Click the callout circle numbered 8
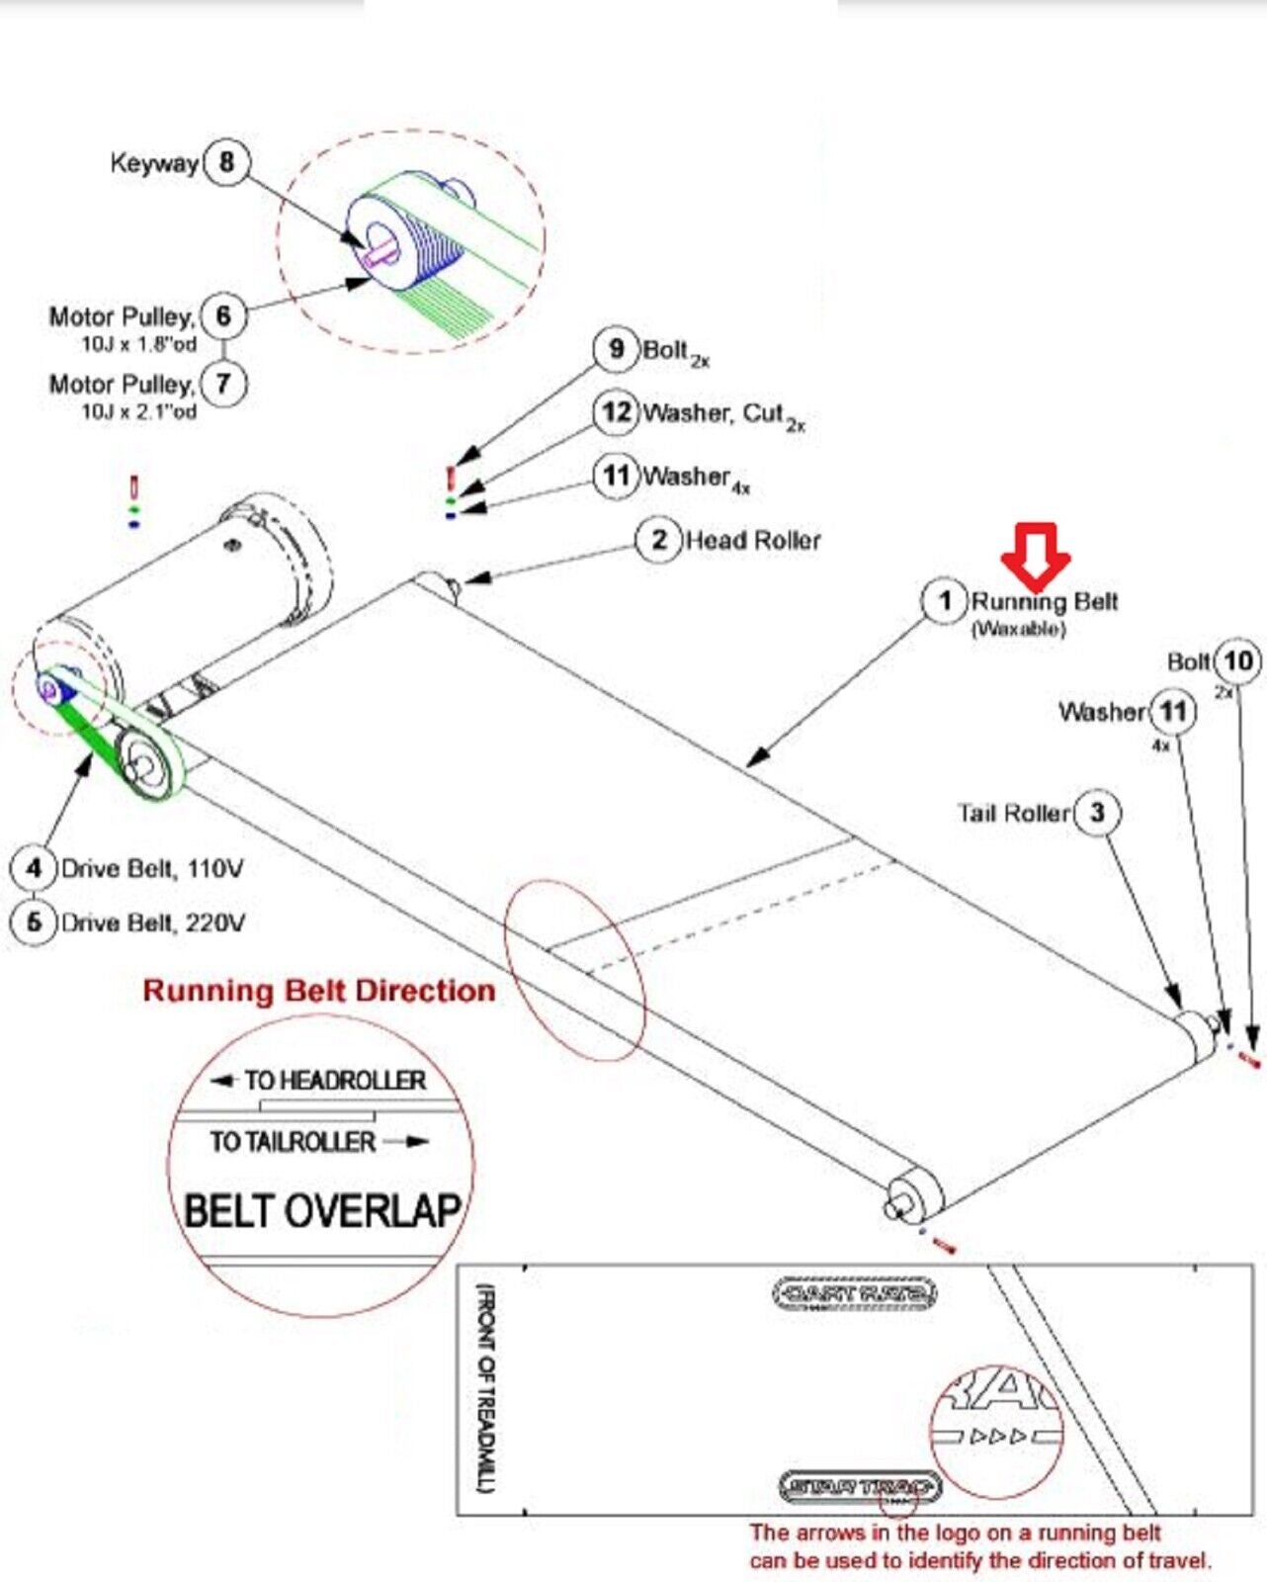226,161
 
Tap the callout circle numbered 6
223,316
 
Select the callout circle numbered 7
223,383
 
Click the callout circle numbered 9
617,349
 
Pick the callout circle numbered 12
617,412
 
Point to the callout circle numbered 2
659,540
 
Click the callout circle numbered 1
945,601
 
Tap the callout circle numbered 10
1238,661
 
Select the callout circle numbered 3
1097,813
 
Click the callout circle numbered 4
35,868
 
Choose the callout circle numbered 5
35,923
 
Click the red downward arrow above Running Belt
1035,554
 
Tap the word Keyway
154,163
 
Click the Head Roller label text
753,541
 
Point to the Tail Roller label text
1014,814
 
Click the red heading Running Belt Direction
318,991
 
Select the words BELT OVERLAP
322,1211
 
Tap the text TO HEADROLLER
334,1081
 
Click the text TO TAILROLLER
293,1142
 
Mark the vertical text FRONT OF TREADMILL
486,1388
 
